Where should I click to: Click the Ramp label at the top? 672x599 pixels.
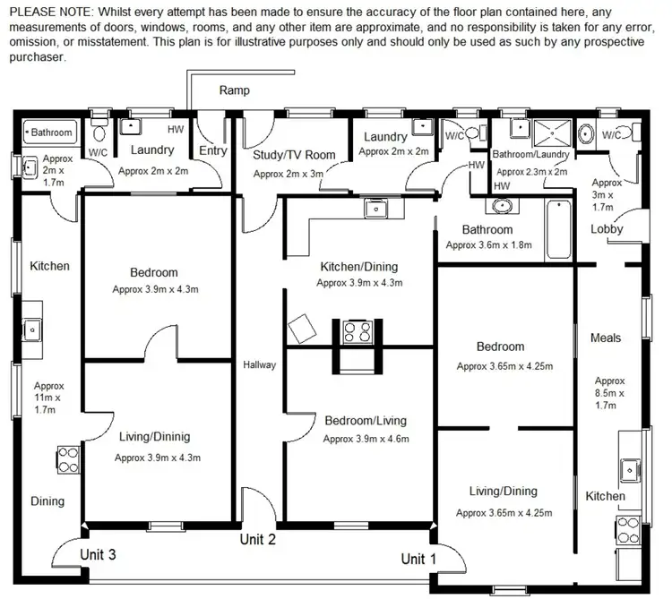pyautogui.click(x=234, y=90)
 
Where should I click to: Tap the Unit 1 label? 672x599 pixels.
pyautogui.click(x=418, y=559)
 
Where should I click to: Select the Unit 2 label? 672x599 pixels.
pyautogui.click(x=257, y=539)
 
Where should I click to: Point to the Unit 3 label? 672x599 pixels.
pyautogui.click(x=98, y=553)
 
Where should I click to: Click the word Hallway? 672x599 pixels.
pyautogui.click(x=260, y=364)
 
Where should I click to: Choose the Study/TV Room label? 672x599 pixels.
pyautogui.click(x=294, y=155)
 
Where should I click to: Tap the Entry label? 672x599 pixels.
pyautogui.click(x=212, y=150)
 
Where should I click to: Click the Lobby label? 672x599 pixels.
pyautogui.click(x=607, y=229)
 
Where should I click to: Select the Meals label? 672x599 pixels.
pyautogui.click(x=606, y=338)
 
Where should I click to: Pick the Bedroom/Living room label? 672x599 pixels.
pyautogui.click(x=365, y=421)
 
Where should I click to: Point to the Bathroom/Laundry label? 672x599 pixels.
pyautogui.click(x=530, y=155)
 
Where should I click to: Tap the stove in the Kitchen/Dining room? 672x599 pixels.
pyautogui.click(x=358, y=332)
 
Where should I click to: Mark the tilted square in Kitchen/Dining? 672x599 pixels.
pyautogui.click(x=301, y=328)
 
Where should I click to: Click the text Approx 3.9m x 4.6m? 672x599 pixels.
pyautogui.click(x=366, y=440)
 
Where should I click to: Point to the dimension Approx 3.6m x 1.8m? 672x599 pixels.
pyautogui.click(x=488, y=244)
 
